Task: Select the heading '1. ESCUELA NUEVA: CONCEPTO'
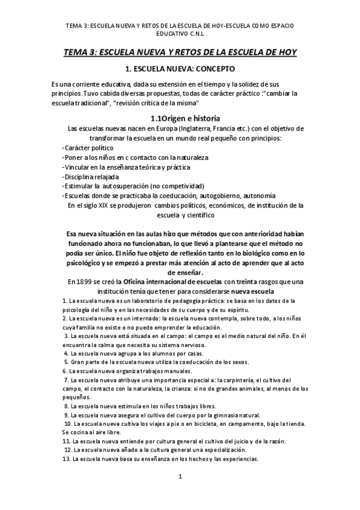pyautogui.click(x=180, y=69)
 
